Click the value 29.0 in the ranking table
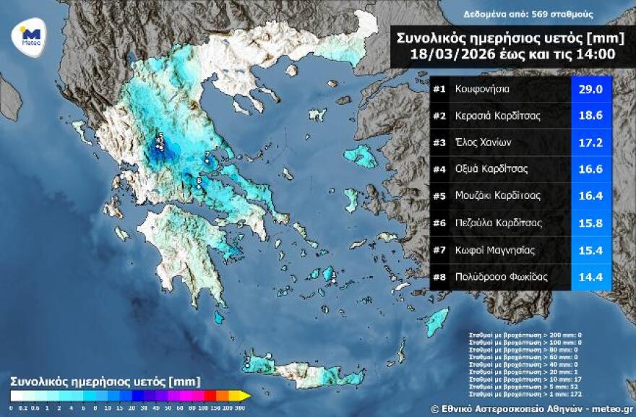(591, 90)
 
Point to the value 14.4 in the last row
(591, 277)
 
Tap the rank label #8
(439, 277)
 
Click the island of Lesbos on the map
(360, 155)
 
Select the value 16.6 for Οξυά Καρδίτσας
(591, 169)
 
